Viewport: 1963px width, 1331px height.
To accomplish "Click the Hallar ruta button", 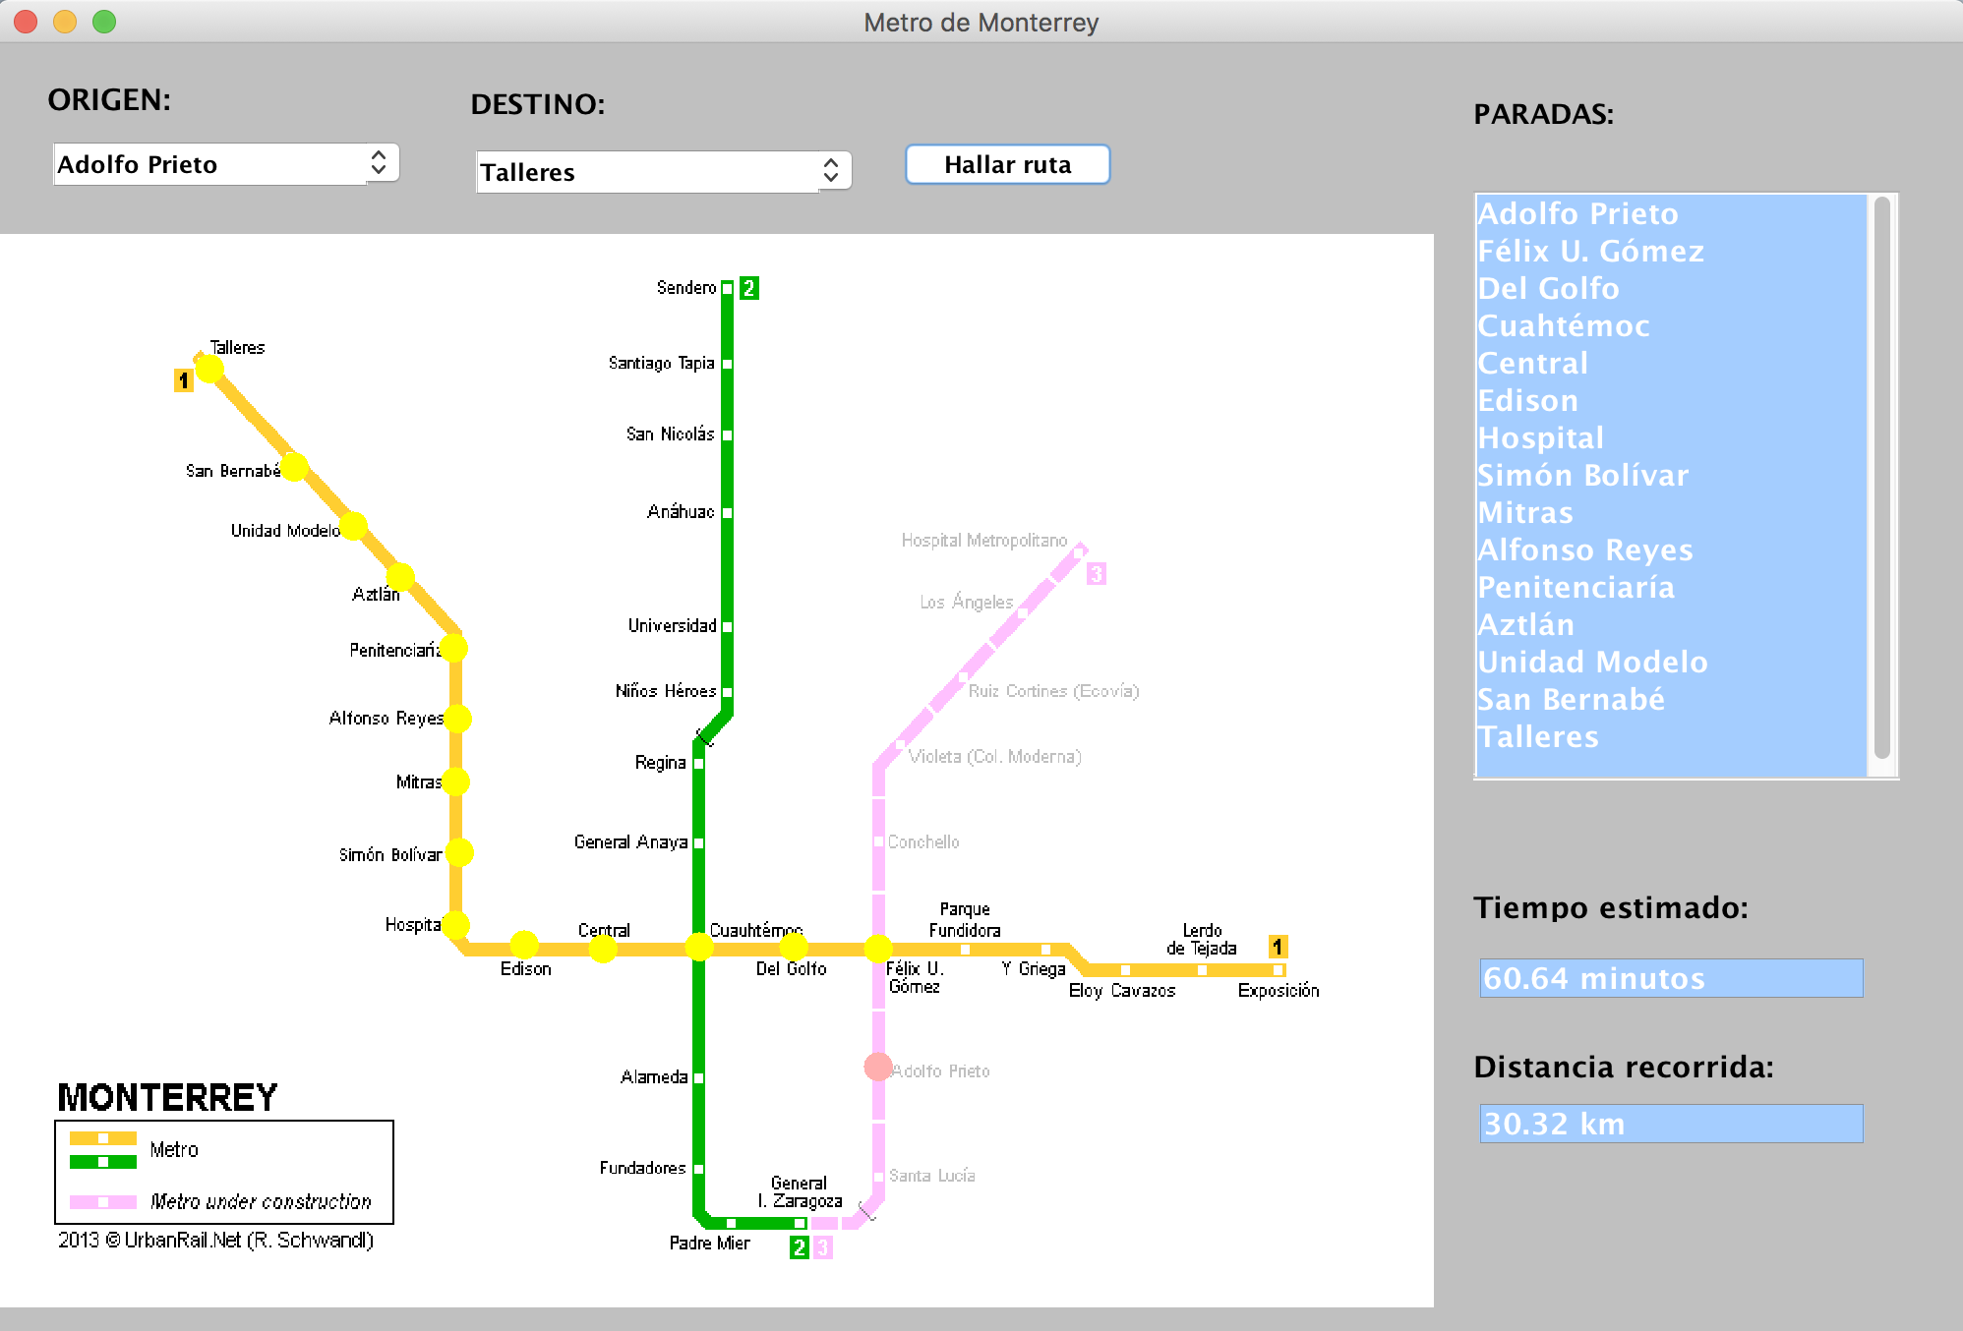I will click(1007, 164).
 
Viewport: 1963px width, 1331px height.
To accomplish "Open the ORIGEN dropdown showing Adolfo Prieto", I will click(225, 164).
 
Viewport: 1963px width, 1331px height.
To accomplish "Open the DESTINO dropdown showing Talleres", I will click(662, 172).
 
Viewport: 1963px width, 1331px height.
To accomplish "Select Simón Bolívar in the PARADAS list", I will click(1582, 476).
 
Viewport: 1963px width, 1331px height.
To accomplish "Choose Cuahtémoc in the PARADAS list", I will click(1564, 326).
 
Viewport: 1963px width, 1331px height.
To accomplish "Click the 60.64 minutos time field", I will click(1670, 978).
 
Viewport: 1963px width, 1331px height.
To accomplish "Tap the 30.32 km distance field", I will click(1670, 1124).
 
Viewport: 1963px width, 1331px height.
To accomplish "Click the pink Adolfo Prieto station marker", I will click(878, 1067).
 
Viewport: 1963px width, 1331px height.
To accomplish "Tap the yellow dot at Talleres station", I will click(209, 369).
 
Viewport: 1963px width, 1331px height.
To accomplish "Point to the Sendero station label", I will click(686, 288).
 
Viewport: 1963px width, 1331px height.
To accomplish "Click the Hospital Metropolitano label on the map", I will click(983, 541).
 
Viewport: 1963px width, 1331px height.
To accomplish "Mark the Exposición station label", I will click(1278, 991).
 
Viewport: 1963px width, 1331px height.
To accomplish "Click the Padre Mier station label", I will click(709, 1244).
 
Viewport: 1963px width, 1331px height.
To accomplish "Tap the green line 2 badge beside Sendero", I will click(749, 288).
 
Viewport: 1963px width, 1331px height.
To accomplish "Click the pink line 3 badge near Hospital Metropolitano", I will click(1097, 573).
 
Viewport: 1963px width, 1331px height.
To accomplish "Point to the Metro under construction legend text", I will click(261, 1201).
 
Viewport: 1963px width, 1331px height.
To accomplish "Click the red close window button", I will click(27, 22).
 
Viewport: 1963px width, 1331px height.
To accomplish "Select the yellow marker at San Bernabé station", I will click(294, 467).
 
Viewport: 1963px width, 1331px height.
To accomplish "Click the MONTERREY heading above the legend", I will click(167, 1097).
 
